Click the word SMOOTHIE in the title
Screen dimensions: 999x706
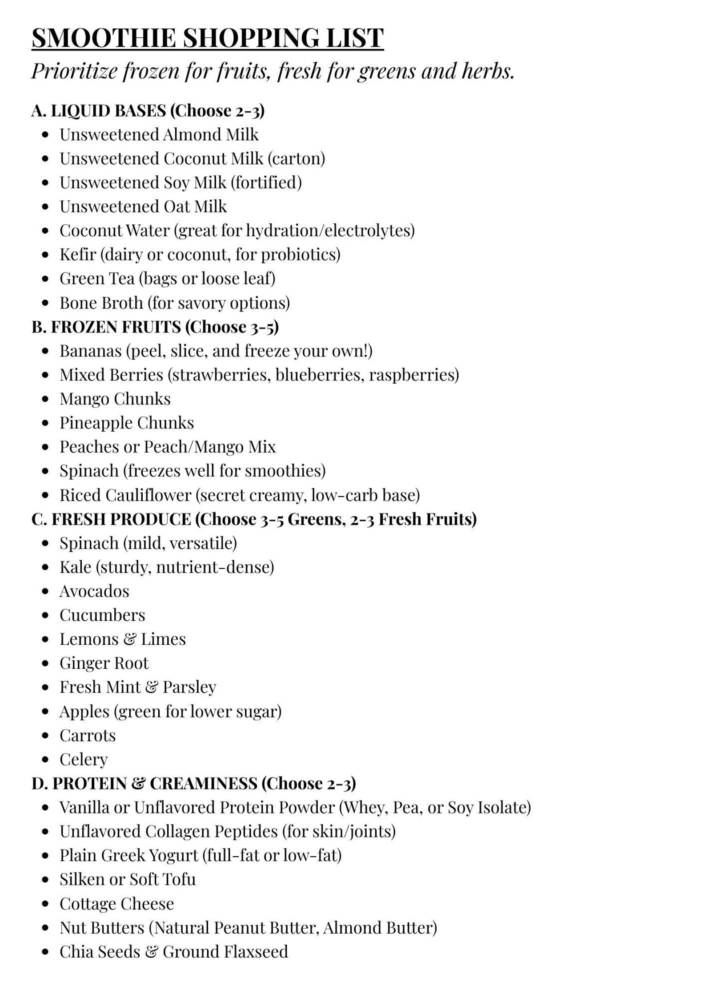(x=104, y=38)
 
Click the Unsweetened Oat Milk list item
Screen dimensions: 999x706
(x=143, y=206)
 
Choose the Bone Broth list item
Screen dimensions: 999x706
(x=175, y=303)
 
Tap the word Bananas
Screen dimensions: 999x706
(x=91, y=351)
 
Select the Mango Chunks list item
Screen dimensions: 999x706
(x=115, y=399)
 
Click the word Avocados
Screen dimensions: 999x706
(x=94, y=591)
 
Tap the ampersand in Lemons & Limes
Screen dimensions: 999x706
(x=130, y=639)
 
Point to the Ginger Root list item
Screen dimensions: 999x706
(x=104, y=663)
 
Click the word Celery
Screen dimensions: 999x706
(x=84, y=760)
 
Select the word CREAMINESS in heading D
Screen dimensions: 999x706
(x=203, y=784)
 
